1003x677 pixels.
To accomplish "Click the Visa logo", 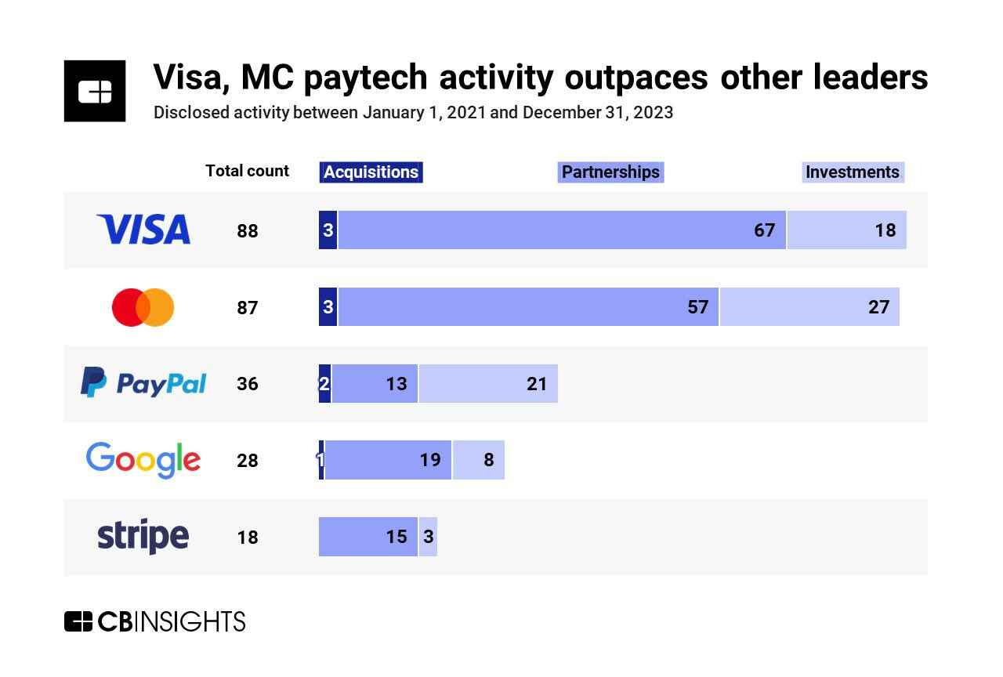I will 143,230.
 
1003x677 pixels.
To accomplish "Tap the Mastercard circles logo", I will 143,307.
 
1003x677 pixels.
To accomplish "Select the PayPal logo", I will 143,383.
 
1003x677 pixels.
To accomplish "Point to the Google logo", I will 143,460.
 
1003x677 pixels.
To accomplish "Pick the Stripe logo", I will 143,537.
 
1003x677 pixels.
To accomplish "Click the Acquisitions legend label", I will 371,172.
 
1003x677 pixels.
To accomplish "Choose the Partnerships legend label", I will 610,172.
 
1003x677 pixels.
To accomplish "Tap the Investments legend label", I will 853,172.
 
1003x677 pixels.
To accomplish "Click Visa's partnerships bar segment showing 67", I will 561,230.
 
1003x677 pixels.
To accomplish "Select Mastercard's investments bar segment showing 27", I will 809,307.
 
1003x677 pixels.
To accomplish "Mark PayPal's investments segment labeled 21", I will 487,384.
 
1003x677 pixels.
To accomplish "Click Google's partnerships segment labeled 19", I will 388,460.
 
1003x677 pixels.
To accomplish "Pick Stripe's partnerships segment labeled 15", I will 368,537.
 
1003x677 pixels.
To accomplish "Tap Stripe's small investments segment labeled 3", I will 428,537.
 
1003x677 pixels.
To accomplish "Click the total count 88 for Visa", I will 248,231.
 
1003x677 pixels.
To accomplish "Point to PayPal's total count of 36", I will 248,384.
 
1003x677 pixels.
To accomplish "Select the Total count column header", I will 247,171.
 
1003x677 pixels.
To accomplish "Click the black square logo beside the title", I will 95,91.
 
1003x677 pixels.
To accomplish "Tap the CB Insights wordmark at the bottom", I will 154,621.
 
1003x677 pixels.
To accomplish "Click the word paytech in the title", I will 364,78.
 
